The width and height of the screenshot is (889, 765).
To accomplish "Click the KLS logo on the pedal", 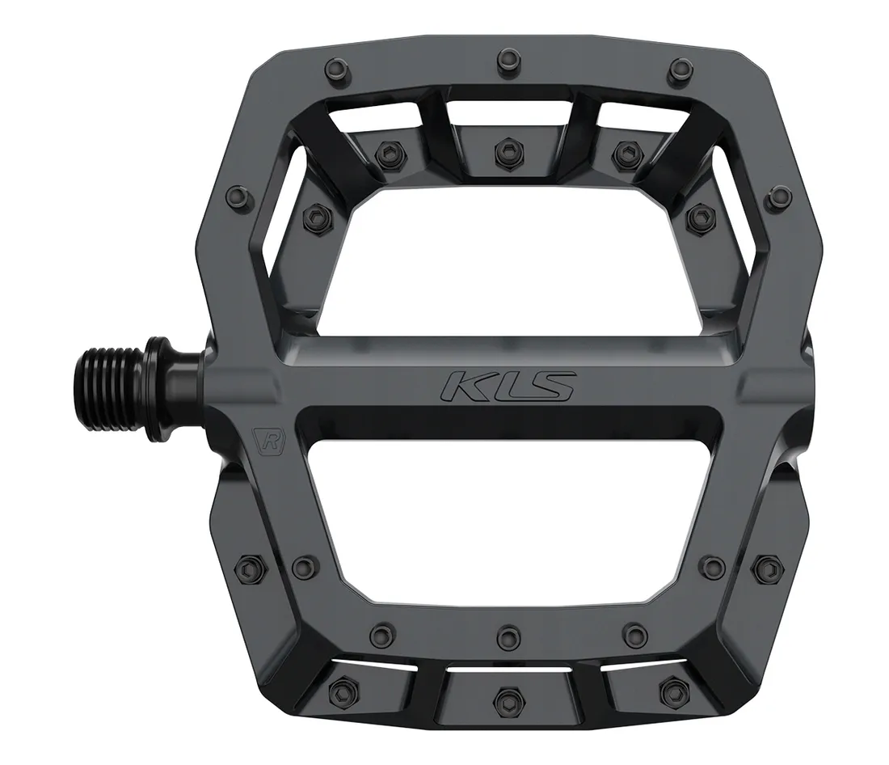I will coord(507,385).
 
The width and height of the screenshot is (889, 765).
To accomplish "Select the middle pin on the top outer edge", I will coord(507,57).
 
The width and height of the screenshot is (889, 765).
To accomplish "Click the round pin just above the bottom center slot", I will coord(506,632).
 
